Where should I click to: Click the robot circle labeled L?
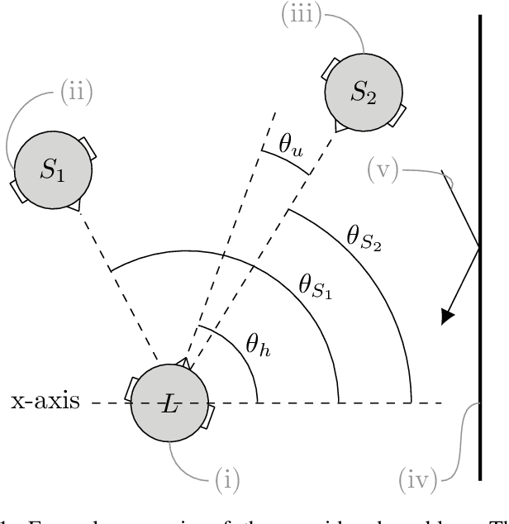170,404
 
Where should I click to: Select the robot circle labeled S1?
52,171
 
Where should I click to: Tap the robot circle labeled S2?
363,92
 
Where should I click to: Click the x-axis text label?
45,403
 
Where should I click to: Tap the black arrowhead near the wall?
448,315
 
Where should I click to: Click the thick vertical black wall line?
480,248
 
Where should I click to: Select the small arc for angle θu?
286,162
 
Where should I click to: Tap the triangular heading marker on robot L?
184,364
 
